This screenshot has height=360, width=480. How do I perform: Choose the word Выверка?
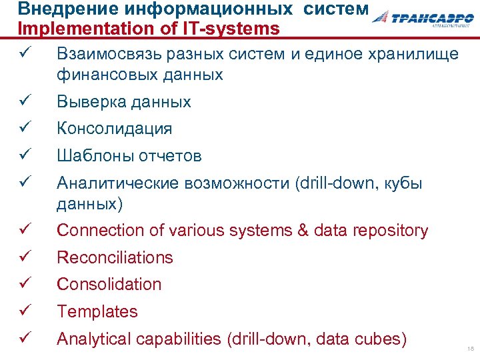coord(87,102)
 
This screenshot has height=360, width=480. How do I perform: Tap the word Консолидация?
coord(115,129)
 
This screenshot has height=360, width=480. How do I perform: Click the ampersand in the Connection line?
coord(303,231)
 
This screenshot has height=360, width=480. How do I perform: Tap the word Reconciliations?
coord(115,257)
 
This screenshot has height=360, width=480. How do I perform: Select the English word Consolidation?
coord(109,284)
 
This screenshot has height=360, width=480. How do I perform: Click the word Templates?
coord(97,311)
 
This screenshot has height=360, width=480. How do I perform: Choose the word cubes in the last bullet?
coord(382,339)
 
